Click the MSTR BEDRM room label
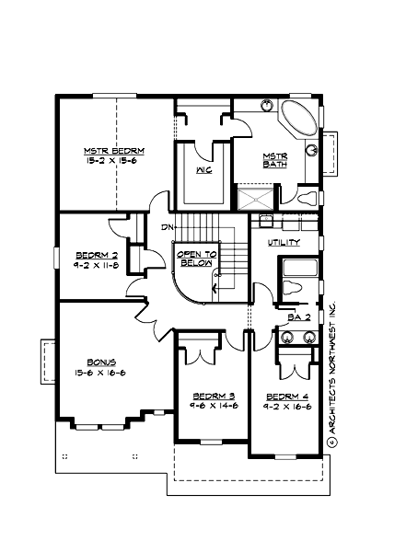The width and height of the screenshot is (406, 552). coord(114,150)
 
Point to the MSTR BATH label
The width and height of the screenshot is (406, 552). coord(274,160)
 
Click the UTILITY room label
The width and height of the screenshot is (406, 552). coord(283,242)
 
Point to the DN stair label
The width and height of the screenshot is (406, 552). coord(167,227)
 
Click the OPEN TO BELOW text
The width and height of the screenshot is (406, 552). coord(196,258)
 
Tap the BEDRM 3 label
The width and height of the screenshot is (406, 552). coord(205,392)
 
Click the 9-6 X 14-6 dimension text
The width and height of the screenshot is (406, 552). coord(205,403)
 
